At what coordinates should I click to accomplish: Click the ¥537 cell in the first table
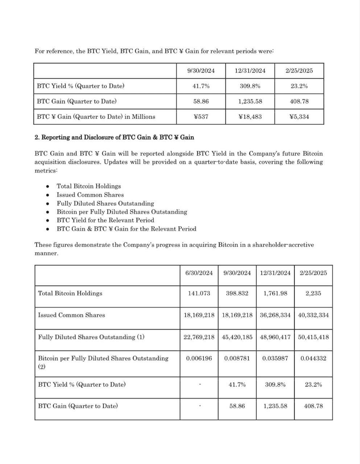click(201, 117)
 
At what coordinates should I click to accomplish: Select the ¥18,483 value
click(250, 117)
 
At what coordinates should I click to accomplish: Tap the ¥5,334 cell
click(299, 117)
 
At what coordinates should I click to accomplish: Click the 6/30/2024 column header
click(199, 273)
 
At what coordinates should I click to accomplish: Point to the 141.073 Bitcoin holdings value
click(199, 293)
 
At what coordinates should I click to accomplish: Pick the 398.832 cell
click(237, 293)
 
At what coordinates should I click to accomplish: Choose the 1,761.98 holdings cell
click(275, 293)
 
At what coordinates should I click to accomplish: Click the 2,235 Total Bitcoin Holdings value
click(313, 293)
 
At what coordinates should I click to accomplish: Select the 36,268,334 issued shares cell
click(275, 315)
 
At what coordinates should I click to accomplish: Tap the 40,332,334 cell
click(313, 315)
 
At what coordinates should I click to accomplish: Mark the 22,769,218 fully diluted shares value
click(199, 337)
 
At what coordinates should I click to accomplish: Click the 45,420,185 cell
click(237, 337)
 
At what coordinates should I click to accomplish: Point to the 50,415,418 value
click(313, 337)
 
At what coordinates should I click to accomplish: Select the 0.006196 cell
click(199, 359)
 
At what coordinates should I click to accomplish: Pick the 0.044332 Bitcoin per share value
click(313, 359)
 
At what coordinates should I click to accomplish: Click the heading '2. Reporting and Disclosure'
click(114, 137)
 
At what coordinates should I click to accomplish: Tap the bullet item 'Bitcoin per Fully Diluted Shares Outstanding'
click(122, 212)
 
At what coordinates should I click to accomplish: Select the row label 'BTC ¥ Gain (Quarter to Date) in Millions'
click(96, 117)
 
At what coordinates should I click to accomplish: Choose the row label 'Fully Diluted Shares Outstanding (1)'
click(91, 337)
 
